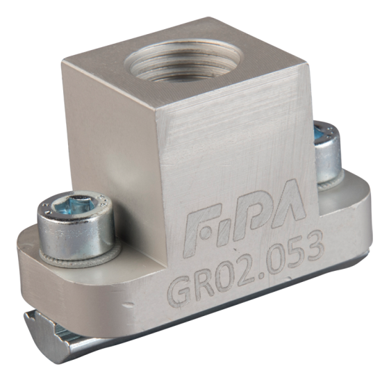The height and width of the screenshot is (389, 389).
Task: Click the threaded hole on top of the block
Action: click(x=183, y=60)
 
